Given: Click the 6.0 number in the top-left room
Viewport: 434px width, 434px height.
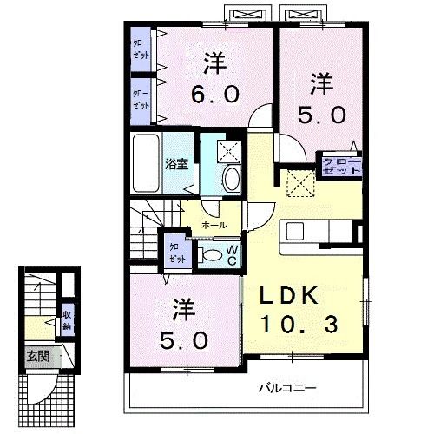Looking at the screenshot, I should [x=211, y=93].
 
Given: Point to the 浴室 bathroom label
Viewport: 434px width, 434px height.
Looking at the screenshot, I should [x=177, y=163].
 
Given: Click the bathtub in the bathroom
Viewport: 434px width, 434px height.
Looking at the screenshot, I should [x=146, y=164].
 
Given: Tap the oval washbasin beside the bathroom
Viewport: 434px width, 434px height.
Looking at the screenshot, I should [x=232, y=179].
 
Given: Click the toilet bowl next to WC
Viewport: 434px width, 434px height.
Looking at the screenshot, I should [x=208, y=254].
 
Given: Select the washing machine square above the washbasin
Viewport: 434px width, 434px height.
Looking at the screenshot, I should [x=229, y=149].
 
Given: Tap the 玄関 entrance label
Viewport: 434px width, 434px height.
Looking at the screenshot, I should [x=36, y=355].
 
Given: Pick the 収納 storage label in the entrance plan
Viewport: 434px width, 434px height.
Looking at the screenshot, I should [x=67, y=320].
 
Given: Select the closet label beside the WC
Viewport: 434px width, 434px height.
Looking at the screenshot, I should [x=176, y=253].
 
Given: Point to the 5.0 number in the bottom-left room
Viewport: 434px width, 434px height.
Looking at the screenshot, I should [x=182, y=339].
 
